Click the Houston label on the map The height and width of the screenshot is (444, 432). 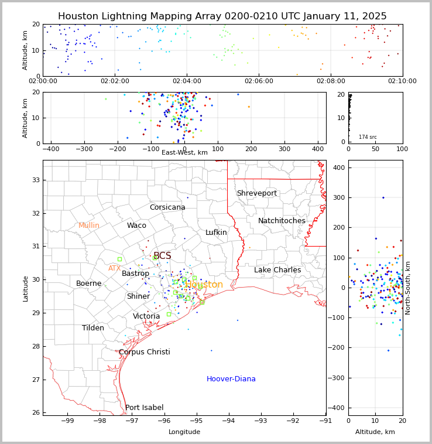[x=204, y=285]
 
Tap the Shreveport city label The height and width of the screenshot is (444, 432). [x=256, y=193]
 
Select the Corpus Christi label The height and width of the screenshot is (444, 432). [x=144, y=352]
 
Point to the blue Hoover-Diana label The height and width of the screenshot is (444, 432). [x=231, y=379]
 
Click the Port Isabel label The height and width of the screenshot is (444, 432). [x=144, y=408]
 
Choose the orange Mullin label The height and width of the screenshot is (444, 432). [x=89, y=226]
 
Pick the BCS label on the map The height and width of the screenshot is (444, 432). [x=162, y=256]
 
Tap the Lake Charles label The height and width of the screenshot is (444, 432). [x=277, y=270]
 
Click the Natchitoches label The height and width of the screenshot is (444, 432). [x=282, y=221]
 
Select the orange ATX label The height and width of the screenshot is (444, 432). [x=114, y=268]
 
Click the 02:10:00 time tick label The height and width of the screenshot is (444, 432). [x=402, y=81]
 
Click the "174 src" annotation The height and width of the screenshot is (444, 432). [x=368, y=137]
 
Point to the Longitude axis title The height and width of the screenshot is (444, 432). [x=184, y=432]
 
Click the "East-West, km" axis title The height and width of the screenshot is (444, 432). [x=184, y=153]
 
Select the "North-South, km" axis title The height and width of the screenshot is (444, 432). [x=408, y=288]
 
